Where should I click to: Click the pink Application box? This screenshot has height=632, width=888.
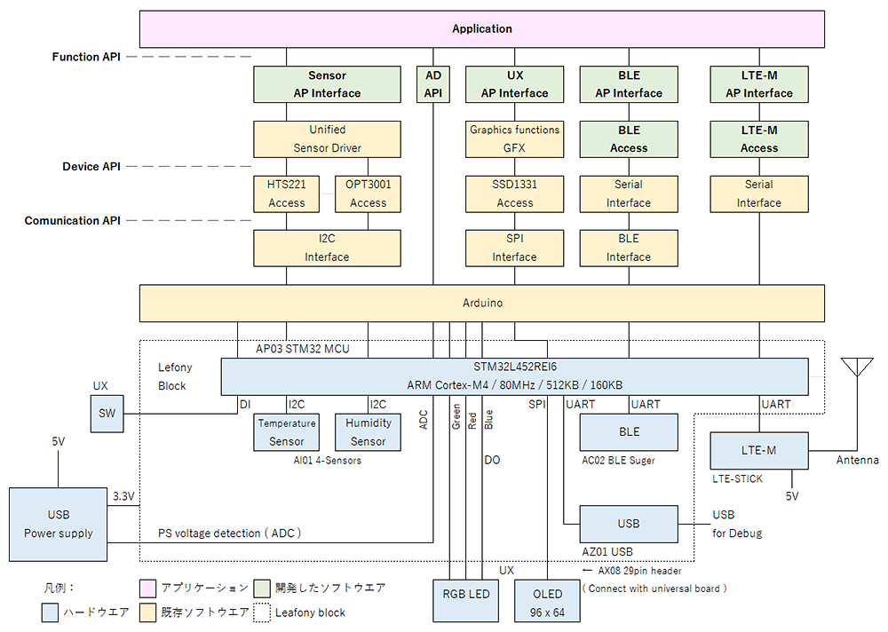click(482, 29)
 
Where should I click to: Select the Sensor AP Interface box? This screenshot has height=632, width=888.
click(327, 84)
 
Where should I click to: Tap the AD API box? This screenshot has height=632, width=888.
click(432, 84)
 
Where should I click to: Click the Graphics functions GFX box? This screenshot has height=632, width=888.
click(514, 139)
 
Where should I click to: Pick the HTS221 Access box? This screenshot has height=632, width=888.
click(286, 194)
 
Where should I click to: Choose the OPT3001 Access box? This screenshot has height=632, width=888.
click(368, 194)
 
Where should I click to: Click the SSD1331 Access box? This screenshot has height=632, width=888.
click(514, 194)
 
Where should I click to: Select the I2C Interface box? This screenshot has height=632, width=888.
click(327, 248)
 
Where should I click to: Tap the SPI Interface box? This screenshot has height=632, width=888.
click(514, 248)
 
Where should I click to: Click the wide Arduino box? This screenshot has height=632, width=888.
click(482, 303)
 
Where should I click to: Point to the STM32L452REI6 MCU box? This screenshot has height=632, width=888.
click(514, 376)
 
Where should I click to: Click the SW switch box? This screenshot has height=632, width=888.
click(107, 414)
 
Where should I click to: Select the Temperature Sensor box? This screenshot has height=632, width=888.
click(286, 432)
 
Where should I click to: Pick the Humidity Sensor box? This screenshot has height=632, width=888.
click(368, 432)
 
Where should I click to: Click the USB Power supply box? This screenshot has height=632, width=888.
click(58, 524)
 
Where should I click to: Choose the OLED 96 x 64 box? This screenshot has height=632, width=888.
click(547, 601)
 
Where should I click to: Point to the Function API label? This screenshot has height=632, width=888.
click(87, 57)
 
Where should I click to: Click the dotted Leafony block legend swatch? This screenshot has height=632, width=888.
click(261, 612)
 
